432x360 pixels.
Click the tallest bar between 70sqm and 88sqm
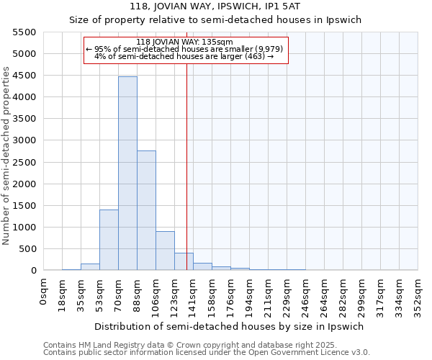(127, 173)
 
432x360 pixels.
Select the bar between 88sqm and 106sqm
(146, 210)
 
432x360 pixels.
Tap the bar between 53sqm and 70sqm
(109, 240)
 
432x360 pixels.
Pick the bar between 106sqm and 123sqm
(165, 251)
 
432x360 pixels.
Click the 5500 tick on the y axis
(24, 32)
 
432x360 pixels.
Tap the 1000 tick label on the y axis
(24, 228)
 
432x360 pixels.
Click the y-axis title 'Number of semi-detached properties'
(6, 156)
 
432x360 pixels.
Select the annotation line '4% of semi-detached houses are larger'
(184, 56)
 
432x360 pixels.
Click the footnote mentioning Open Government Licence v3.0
(207, 353)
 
